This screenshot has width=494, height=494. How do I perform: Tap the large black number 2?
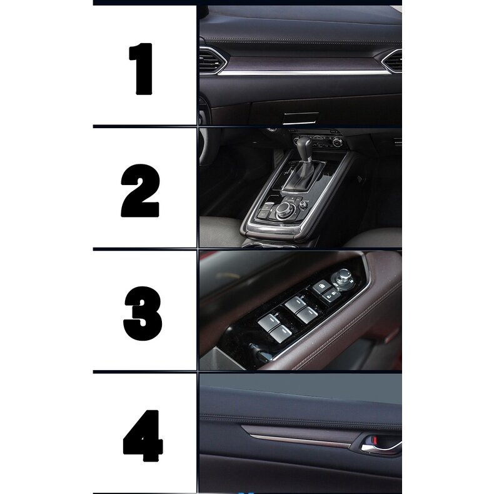pyautogui.click(x=140, y=190)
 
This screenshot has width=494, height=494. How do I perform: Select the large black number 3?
pyautogui.click(x=143, y=313)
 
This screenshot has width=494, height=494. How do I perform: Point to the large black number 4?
pyautogui.click(x=143, y=436)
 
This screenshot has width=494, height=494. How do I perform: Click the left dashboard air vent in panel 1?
pyautogui.click(x=213, y=61)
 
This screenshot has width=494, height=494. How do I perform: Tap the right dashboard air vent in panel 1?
pyautogui.click(x=392, y=61)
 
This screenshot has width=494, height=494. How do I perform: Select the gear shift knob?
pyautogui.click(x=305, y=145)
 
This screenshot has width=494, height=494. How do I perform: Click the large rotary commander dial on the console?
pyautogui.click(x=285, y=209)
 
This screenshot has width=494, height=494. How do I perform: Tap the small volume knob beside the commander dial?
pyautogui.click(x=303, y=204)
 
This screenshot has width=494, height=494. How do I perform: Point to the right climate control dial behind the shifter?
pyautogui.click(x=337, y=143)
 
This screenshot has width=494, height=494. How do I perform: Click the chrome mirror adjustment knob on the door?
pyautogui.click(x=343, y=278)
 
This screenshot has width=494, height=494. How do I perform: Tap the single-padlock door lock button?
pyautogui.click(x=321, y=286)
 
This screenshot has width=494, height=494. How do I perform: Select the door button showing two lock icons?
pyautogui.click(x=331, y=296)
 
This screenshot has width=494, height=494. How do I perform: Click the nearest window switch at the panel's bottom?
pyautogui.click(x=280, y=334)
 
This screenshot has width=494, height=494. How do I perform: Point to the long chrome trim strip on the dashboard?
pyautogui.click(x=302, y=73)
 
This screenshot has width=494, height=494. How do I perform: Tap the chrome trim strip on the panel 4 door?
pyautogui.click(x=300, y=441)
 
